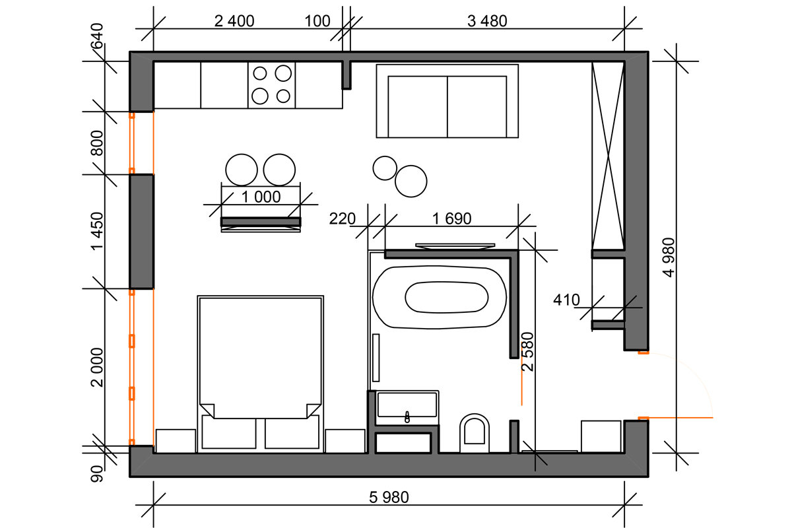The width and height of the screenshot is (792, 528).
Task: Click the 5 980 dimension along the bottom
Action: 389,497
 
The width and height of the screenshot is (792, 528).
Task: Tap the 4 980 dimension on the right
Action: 669,257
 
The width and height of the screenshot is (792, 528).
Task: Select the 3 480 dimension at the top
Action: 487,21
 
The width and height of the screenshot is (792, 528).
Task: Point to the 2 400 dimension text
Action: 234,21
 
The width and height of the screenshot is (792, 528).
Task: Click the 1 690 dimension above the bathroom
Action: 451,218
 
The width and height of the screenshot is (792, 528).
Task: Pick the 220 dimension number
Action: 342,218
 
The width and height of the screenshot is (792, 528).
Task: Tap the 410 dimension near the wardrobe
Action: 566,300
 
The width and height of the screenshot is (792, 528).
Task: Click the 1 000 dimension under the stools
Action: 261,197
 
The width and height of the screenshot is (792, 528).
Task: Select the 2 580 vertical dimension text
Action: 527,352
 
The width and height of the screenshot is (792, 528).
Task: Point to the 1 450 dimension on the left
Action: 97,231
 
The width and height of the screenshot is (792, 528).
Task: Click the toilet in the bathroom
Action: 475,434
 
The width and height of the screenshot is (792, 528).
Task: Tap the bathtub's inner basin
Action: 447,297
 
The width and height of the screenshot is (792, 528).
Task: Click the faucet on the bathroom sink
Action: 407,417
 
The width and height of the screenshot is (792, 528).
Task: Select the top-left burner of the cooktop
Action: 260,73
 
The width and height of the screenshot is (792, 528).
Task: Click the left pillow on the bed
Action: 229,432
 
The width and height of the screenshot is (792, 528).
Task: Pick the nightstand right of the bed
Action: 345,441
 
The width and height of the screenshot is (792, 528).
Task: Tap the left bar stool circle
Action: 242,170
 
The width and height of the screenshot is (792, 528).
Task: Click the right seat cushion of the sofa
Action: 477,106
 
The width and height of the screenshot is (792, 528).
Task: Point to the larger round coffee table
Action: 411,181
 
